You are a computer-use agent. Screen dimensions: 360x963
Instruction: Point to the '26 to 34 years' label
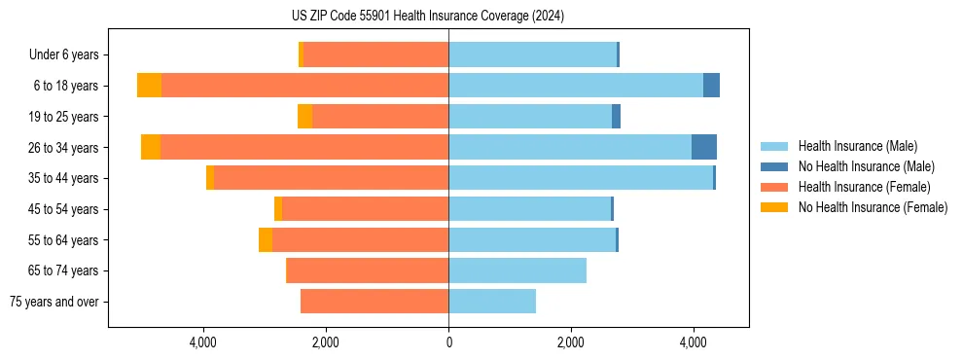[x=66, y=148]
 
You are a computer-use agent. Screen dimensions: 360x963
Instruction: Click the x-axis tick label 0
[x=448, y=342]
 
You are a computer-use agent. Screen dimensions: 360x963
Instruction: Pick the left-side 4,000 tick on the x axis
[x=202, y=342]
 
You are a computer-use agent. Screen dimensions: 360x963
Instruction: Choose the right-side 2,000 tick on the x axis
[x=571, y=342]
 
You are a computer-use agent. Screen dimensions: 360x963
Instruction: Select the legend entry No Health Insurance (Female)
[x=873, y=207]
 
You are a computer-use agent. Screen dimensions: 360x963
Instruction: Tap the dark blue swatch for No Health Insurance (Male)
[x=775, y=166]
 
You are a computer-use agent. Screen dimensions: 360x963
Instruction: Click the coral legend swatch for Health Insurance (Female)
[x=775, y=187]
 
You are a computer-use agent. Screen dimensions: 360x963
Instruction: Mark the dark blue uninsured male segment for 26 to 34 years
[x=704, y=147]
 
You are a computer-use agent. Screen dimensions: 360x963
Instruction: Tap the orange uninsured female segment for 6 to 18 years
[x=149, y=86]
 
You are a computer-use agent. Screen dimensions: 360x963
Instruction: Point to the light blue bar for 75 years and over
[x=492, y=302]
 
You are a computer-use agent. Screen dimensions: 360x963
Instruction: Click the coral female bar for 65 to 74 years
[x=368, y=270]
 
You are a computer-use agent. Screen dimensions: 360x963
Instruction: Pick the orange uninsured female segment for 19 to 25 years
[x=304, y=117]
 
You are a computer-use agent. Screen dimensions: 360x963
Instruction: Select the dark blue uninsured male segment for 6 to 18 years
[x=711, y=86]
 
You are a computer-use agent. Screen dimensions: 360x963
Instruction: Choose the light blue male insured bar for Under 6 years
[x=532, y=54]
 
